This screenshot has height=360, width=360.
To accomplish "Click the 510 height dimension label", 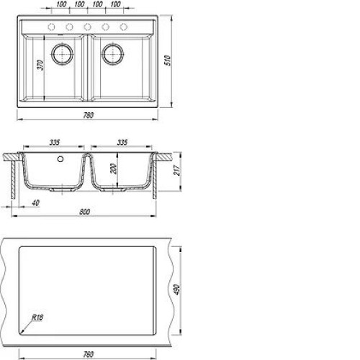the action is [x=168, y=60].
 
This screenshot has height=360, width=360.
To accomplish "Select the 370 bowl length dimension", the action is [x=40, y=65].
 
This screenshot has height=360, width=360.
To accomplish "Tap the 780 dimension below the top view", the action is [x=89, y=115].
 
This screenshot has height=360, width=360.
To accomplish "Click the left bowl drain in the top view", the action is [x=63, y=54].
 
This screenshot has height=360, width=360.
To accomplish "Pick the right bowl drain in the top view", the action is [x=113, y=54].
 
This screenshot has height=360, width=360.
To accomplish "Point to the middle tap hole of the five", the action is [x=87, y=27].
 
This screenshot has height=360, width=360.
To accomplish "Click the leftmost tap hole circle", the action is [x=51, y=27].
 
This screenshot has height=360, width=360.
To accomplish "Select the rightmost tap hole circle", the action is [x=123, y=27].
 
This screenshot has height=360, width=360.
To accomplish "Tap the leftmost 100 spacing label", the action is [x=62, y=4].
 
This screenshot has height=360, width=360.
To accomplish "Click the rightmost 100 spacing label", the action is [x=116, y=4].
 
